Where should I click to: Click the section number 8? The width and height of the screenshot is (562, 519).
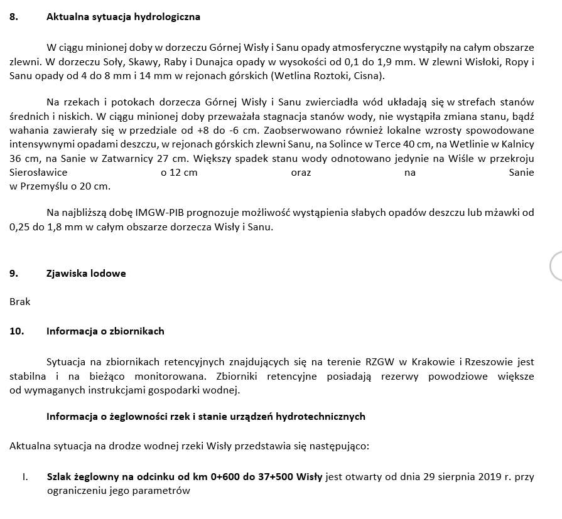(x=13, y=17)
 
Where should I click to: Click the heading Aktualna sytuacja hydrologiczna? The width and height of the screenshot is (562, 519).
(x=123, y=17)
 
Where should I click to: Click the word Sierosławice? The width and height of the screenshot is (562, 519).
(x=38, y=172)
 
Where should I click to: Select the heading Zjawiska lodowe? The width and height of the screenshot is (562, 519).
(x=86, y=273)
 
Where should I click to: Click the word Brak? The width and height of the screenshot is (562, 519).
(x=20, y=301)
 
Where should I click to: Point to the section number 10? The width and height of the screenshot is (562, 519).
(x=16, y=331)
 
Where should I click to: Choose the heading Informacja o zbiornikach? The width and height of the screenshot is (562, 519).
(x=105, y=331)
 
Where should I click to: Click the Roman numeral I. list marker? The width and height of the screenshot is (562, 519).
(x=24, y=477)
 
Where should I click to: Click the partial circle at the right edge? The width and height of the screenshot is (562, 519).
(x=556, y=266)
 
